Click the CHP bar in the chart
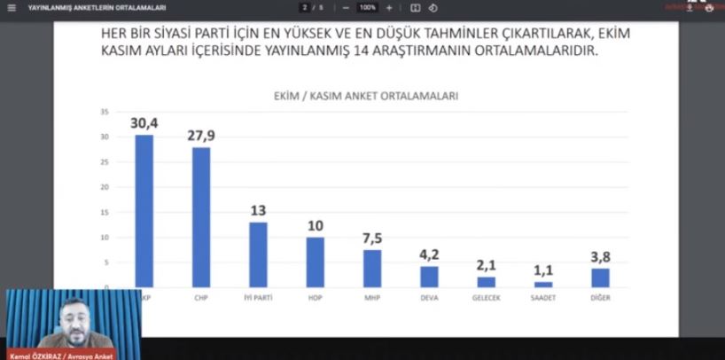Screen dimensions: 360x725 click(201, 217)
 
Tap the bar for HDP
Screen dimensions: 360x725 click(316, 262)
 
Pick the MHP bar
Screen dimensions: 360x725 click(372, 269)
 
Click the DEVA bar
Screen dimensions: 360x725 click(429, 277)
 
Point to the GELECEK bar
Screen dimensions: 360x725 click(487, 282)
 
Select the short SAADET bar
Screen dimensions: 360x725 click(543, 285)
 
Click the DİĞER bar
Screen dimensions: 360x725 click(601, 278)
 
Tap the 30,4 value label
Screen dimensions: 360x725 click(144, 122)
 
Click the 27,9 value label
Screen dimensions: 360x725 click(201, 135)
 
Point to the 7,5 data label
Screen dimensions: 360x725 click(372, 238)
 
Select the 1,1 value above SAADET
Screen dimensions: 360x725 click(543, 270)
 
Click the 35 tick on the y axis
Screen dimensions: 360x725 click(105, 112)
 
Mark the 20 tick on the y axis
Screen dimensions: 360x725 click(105, 187)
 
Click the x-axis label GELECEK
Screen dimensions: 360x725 click(487, 298)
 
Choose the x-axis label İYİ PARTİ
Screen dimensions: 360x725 click(258, 298)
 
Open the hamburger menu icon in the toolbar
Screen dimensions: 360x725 click(11, 7)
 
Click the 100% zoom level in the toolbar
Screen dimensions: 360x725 click(367, 7)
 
